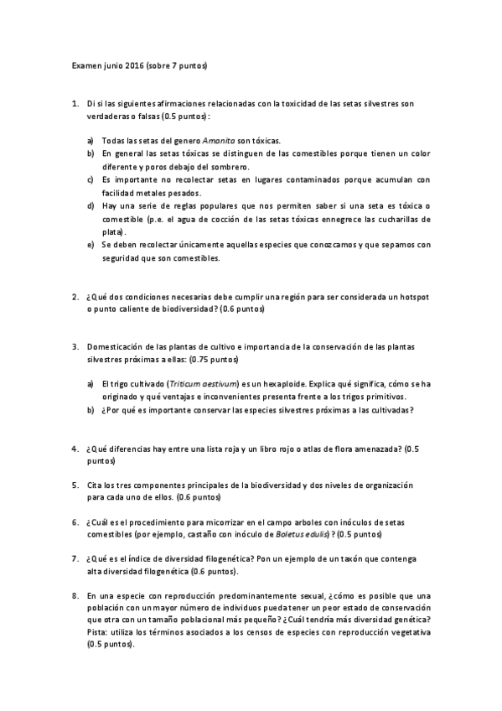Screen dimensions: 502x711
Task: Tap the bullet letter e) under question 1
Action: (x=91, y=245)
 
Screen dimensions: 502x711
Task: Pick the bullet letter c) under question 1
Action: (x=91, y=179)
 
